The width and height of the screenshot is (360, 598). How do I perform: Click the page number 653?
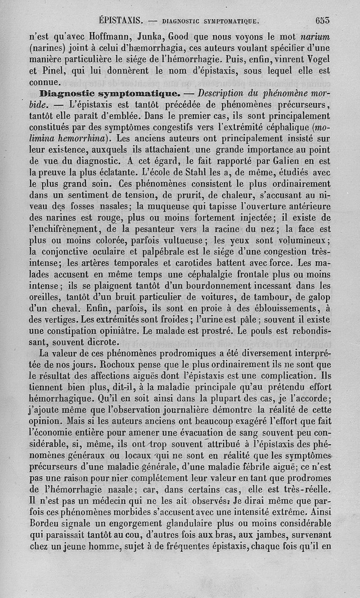coord(323,20)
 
